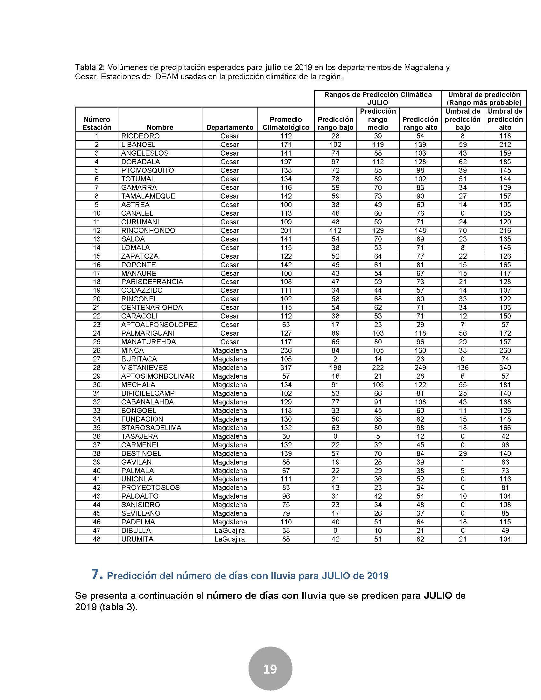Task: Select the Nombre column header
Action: point(160,127)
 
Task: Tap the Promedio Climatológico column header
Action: point(285,123)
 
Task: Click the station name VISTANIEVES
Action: point(144,367)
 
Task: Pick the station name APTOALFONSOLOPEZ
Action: point(159,325)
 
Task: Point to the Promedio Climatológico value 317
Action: point(285,367)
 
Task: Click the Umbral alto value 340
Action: point(505,367)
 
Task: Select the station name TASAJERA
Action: point(139,436)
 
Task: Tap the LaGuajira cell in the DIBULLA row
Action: point(229,530)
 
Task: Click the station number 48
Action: point(96,539)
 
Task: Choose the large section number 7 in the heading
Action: point(97,574)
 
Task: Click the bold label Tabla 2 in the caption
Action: point(90,68)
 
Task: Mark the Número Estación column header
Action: point(96,123)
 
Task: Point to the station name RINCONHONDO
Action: point(148,230)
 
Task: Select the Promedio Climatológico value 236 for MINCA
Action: point(285,350)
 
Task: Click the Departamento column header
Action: point(229,127)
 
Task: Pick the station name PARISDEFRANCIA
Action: point(152,282)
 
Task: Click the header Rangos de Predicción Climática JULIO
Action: point(377,99)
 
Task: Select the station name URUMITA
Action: point(137,539)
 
